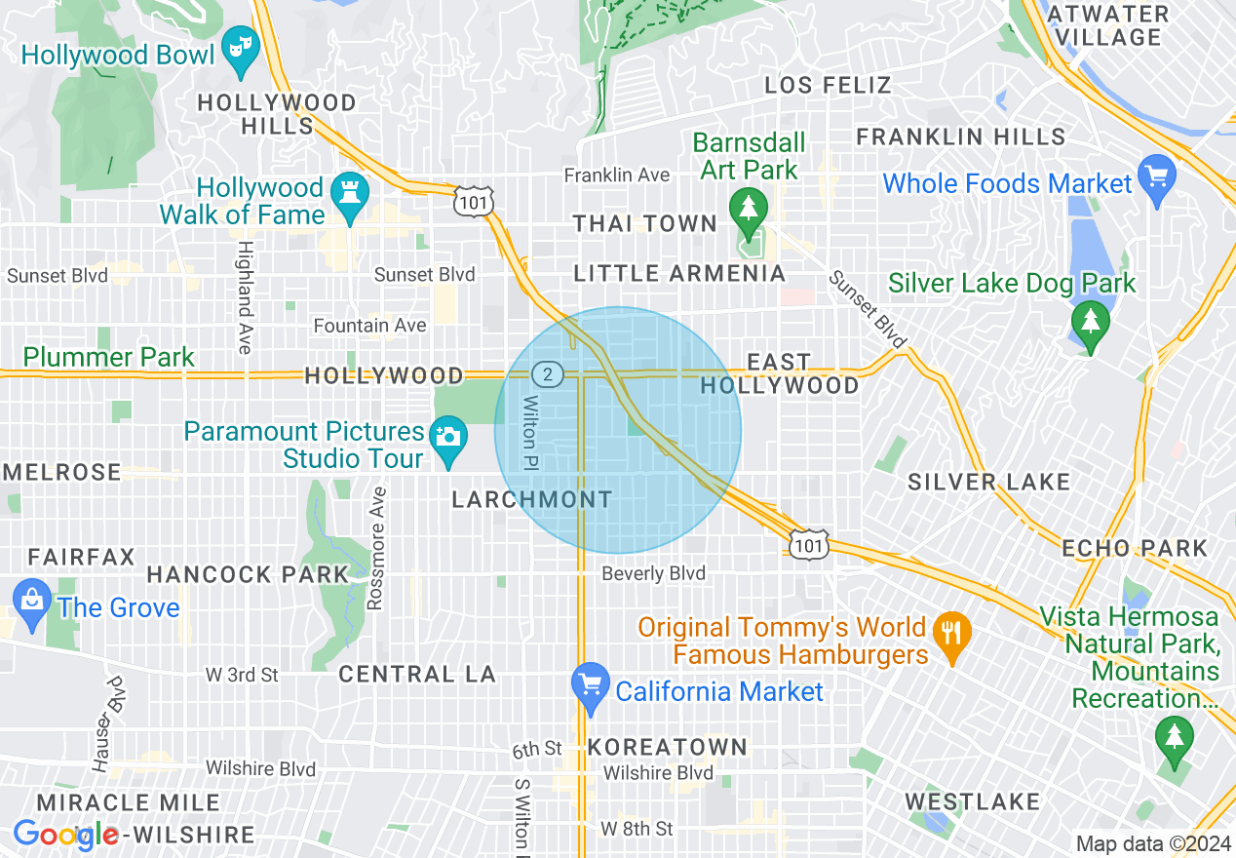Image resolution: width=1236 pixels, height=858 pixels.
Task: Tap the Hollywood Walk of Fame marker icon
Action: point(346,190)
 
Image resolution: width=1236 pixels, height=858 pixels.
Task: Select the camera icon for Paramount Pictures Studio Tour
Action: point(447,435)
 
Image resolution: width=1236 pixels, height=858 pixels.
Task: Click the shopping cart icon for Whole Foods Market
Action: point(1157,175)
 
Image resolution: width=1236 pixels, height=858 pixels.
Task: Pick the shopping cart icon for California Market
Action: point(590,683)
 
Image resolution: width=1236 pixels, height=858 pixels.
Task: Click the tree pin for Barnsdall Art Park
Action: point(749,207)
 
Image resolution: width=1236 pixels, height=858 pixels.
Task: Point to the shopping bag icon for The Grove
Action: point(32,597)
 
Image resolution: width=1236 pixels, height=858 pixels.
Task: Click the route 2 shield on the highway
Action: point(547,373)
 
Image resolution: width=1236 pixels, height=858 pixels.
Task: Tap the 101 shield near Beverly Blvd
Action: point(809,544)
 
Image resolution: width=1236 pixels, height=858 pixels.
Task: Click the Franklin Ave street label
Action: point(617,175)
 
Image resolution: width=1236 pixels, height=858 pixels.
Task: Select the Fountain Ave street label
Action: point(369,325)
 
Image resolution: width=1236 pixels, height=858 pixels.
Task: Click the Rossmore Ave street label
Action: point(376,549)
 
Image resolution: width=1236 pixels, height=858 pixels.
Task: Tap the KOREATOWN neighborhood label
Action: point(668,747)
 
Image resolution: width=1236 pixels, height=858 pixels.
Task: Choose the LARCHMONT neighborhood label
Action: point(532,499)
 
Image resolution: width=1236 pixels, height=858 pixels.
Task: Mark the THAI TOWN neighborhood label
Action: point(644,223)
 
